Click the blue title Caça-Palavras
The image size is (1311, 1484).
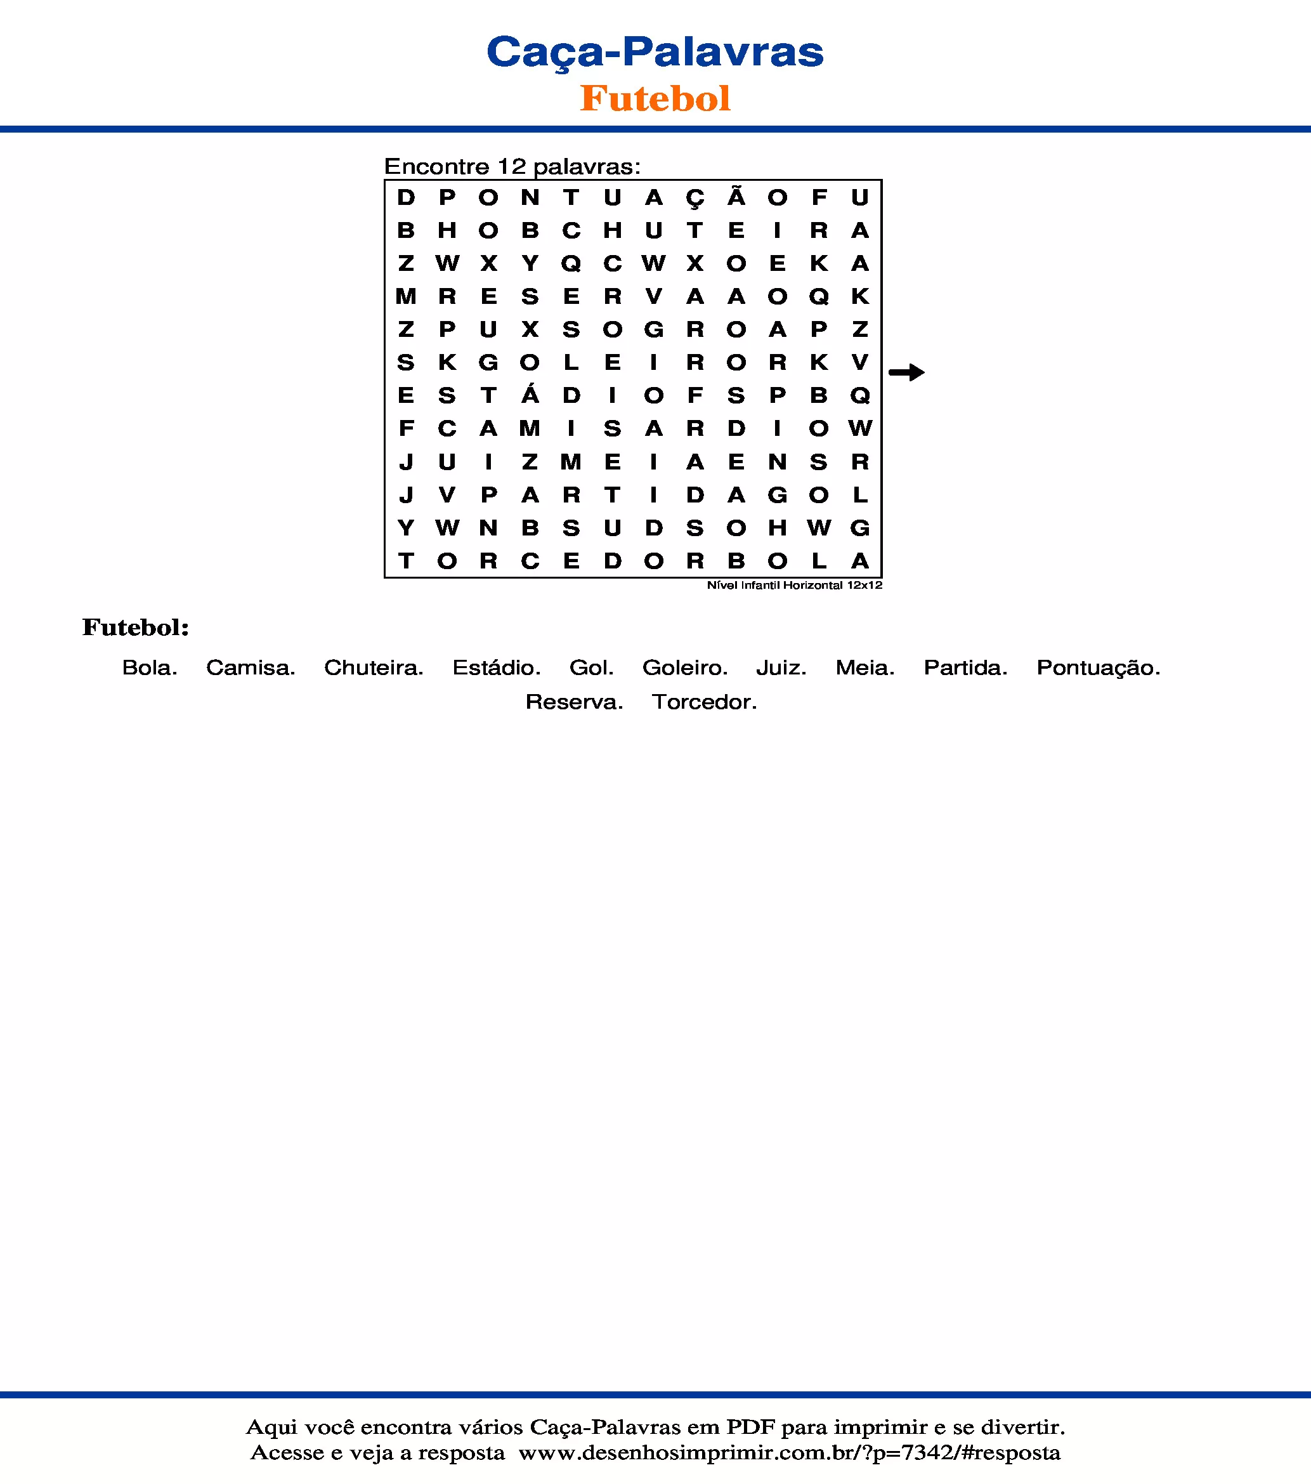point(655,52)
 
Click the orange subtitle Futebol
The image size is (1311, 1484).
point(655,99)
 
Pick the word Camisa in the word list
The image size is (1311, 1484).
point(251,668)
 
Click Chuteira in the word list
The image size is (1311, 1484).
point(373,668)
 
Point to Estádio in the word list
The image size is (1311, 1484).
point(497,668)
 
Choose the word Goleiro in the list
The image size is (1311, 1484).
point(684,668)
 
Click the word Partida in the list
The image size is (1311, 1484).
point(965,668)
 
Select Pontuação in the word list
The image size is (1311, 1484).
point(1098,668)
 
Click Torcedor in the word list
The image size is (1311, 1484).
point(703,702)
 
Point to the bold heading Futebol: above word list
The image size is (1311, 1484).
point(136,627)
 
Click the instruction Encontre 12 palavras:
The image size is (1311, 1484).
point(512,166)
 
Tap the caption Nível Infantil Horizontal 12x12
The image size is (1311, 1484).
point(794,585)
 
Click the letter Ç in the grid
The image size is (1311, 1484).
point(695,198)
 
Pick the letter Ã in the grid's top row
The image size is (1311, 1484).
point(736,197)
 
